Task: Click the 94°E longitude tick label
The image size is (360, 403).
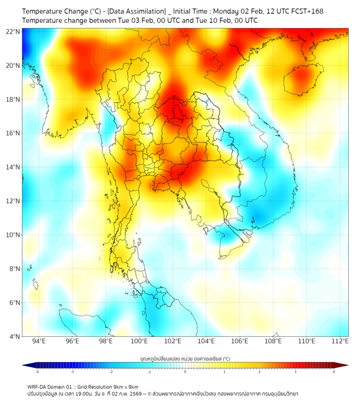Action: click(x=39, y=341)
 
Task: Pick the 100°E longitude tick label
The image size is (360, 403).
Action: click(x=140, y=341)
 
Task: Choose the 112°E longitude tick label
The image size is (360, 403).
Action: click(x=340, y=341)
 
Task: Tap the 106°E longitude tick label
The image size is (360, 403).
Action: click(x=240, y=341)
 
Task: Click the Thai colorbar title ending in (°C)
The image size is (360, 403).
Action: click(x=185, y=359)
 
